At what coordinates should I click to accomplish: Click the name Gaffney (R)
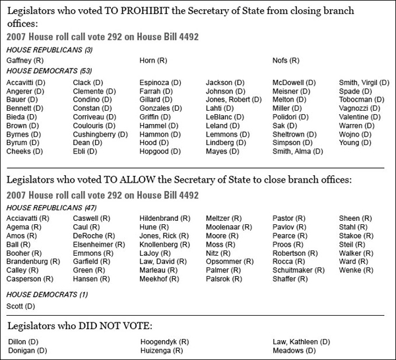click(23, 61)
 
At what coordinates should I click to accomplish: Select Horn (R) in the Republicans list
click(152, 61)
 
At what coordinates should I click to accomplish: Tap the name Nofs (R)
click(286, 61)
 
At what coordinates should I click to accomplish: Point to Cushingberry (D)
click(100, 134)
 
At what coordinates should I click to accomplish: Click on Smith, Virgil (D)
click(364, 82)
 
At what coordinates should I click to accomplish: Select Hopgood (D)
click(160, 151)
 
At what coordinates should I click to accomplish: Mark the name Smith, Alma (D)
click(298, 151)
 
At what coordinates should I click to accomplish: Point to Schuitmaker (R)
click(298, 270)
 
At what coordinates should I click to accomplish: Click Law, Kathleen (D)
click(301, 342)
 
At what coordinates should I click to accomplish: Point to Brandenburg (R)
click(33, 261)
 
